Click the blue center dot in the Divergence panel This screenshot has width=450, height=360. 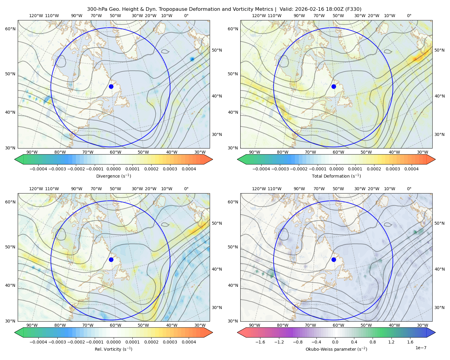(111, 86)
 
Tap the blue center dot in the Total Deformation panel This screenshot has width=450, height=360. (334, 86)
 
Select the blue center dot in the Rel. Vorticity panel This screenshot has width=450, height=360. (111, 259)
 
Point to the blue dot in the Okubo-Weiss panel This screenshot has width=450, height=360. (334, 259)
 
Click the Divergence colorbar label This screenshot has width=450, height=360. (113, 176)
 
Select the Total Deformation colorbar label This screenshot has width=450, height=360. (336, 176)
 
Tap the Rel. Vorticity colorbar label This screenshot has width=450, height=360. (113, 349)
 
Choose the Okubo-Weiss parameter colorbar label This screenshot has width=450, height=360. (336, 349)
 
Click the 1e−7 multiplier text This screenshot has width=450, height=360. (421, 348)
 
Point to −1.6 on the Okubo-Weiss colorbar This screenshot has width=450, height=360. (260, 342)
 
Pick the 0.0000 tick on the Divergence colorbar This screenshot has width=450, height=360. (113, 169)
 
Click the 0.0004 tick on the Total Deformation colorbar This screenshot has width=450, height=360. (411, 169)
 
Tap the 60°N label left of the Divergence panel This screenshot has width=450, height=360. (10, 29)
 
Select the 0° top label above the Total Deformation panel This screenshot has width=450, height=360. (409, 16)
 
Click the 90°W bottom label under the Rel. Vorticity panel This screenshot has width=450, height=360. (32, 325)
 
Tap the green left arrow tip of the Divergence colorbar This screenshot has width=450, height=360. (15, 159)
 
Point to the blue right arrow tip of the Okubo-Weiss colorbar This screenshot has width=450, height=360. (435, 332)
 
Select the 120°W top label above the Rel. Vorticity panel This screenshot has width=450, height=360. (36, 188)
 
